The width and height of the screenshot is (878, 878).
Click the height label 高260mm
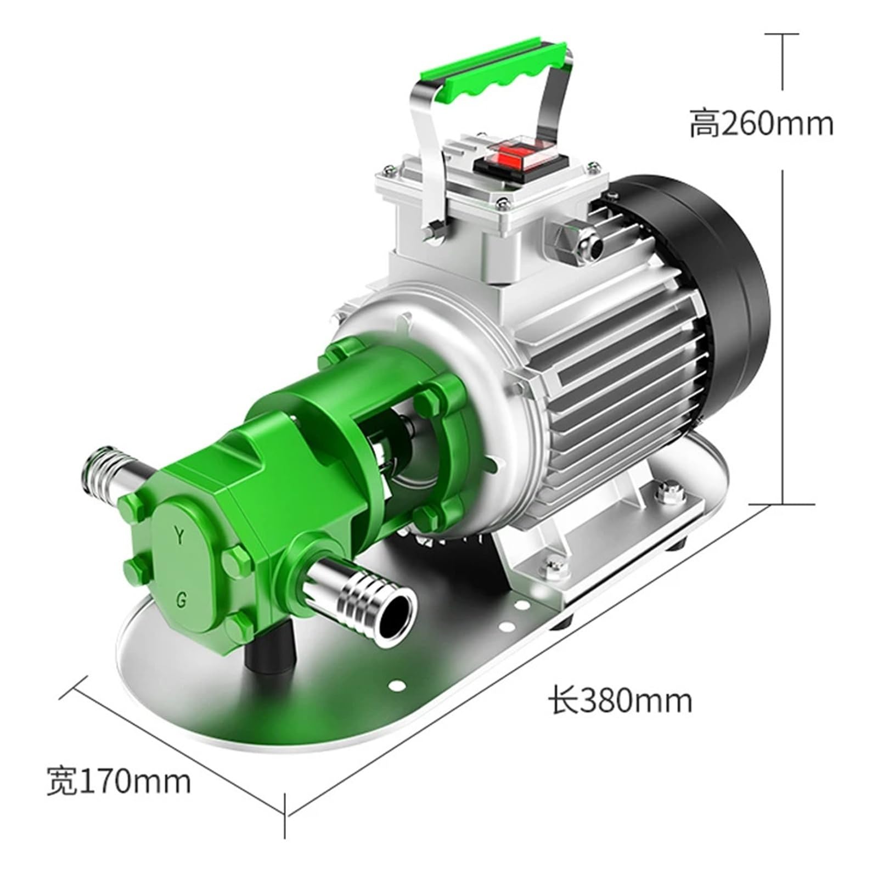coord(761,124)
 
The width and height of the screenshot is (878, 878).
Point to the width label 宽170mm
coord(119,781)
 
